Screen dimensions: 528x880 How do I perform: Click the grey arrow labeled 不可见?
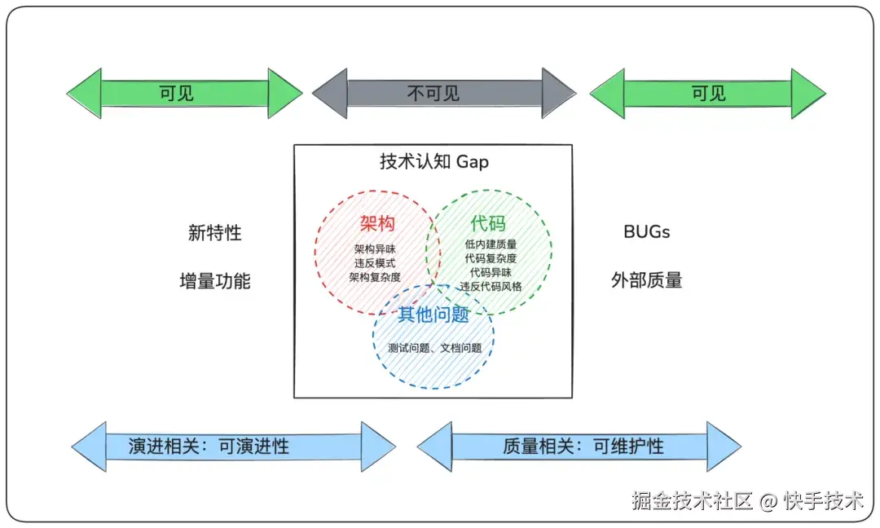444,94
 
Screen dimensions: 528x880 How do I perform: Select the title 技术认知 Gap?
434,161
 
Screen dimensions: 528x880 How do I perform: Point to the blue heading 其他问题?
433,315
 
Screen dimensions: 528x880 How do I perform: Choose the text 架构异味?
375,249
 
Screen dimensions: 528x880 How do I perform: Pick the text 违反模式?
375,263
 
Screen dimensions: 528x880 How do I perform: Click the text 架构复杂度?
375,277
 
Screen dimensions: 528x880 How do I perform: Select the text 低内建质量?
491,244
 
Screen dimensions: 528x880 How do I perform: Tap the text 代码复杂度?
491,257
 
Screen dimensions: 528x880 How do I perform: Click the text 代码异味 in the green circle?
491,272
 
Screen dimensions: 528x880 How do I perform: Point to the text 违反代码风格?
491,286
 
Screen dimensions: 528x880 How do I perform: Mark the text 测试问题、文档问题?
434,348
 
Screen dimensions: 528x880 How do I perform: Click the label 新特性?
215,232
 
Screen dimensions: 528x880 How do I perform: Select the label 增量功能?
215,281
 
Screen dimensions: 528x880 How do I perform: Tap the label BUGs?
646,232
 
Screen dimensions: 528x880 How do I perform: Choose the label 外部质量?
646,281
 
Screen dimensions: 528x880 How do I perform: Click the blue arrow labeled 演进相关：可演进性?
233,447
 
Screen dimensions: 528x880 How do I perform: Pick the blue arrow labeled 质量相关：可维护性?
579,447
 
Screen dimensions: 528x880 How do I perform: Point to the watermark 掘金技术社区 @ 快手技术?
747,500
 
